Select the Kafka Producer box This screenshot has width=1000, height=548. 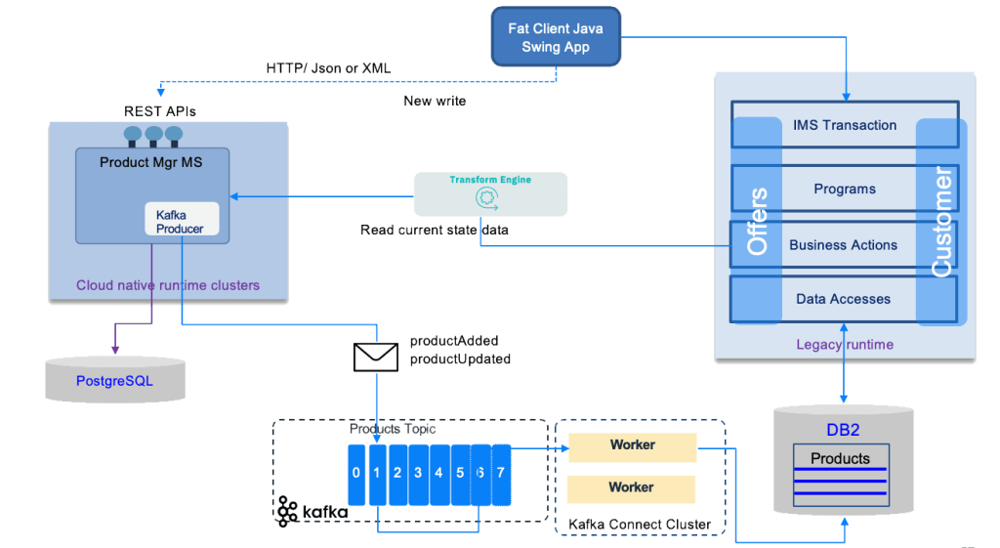coord(181,221)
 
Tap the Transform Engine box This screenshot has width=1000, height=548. coord(490,193)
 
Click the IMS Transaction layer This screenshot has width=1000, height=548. coord(845,125)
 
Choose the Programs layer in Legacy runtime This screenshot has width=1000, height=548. coord(845,189)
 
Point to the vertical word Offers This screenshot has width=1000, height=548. coord(757,222)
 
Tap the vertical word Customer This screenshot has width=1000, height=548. coord(941,222)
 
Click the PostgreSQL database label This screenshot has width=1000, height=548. coord(114,381)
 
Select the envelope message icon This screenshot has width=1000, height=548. coord(375,357)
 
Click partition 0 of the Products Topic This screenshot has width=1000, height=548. coord(356,474)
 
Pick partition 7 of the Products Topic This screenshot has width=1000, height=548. coord(501,474)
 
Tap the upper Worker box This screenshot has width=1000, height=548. coord(632,445)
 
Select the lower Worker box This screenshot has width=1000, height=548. coord(632,487)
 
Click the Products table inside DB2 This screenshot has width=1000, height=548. coord(840,458)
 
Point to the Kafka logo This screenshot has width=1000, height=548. coord(311,511)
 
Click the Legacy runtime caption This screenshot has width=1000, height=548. coord(844,344)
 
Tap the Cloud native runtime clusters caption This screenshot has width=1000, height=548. coord(168,285)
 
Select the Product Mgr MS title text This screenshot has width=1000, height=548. coord(151,162)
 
